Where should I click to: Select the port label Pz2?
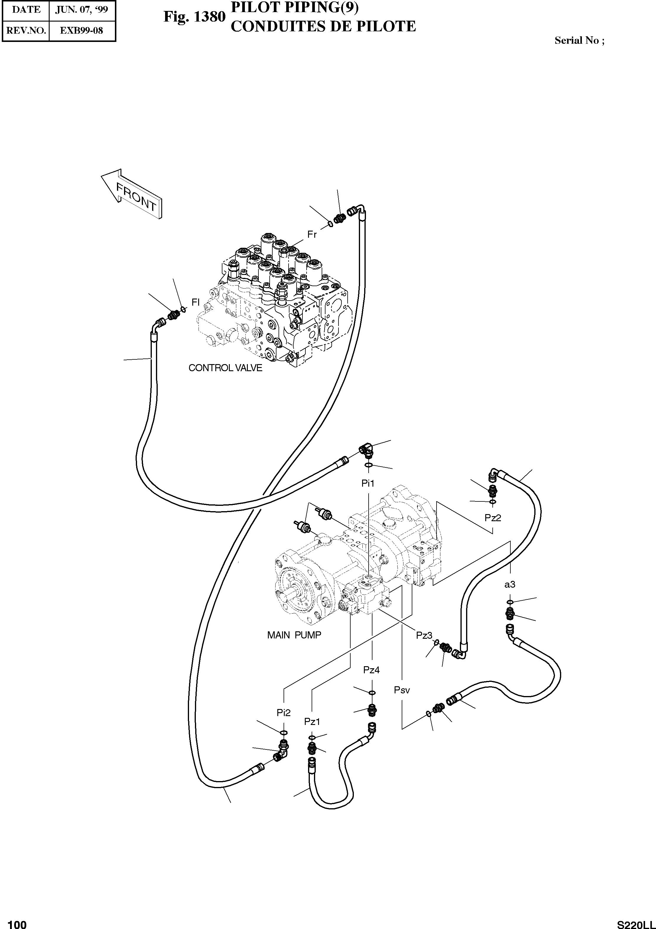(x=493, y=518)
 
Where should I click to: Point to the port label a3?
(x=510, y=584)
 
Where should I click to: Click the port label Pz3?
(x=424, y=636)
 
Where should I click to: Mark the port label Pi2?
(x=284, y=713)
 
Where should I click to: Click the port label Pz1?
(x=312, y=721)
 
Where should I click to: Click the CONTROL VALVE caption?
(x=225, y=368)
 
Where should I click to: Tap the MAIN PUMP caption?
(x=294, y=635)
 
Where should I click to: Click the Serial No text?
(x=579, y=40)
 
